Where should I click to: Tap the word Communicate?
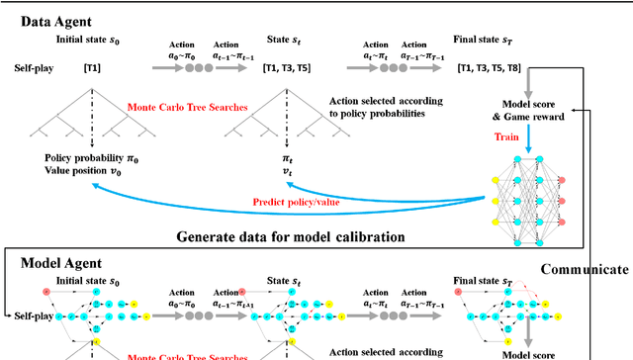tap(583, 269)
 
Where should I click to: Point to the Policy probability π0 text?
tap(93, 158)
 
